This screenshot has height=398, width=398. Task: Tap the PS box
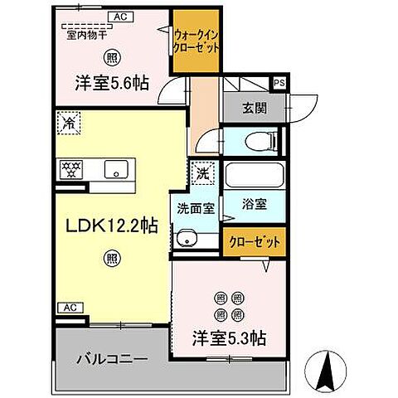tap(279, 82)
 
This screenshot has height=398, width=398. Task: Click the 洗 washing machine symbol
tap(202, 174)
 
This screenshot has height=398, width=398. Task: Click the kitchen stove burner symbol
tap(68, 170)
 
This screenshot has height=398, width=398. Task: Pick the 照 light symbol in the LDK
tap(110, 259)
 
